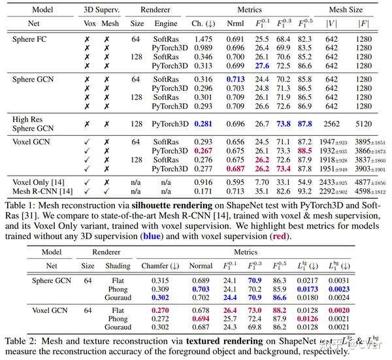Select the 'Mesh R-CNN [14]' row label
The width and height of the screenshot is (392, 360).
(x=42, y=191)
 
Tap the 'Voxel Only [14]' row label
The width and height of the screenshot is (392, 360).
(x=40, y=183)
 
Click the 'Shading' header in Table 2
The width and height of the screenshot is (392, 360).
(x=118, y=266)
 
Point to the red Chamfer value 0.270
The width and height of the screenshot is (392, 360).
(x=160, y=310)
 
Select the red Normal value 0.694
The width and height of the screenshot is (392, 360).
(x=201, y=319)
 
